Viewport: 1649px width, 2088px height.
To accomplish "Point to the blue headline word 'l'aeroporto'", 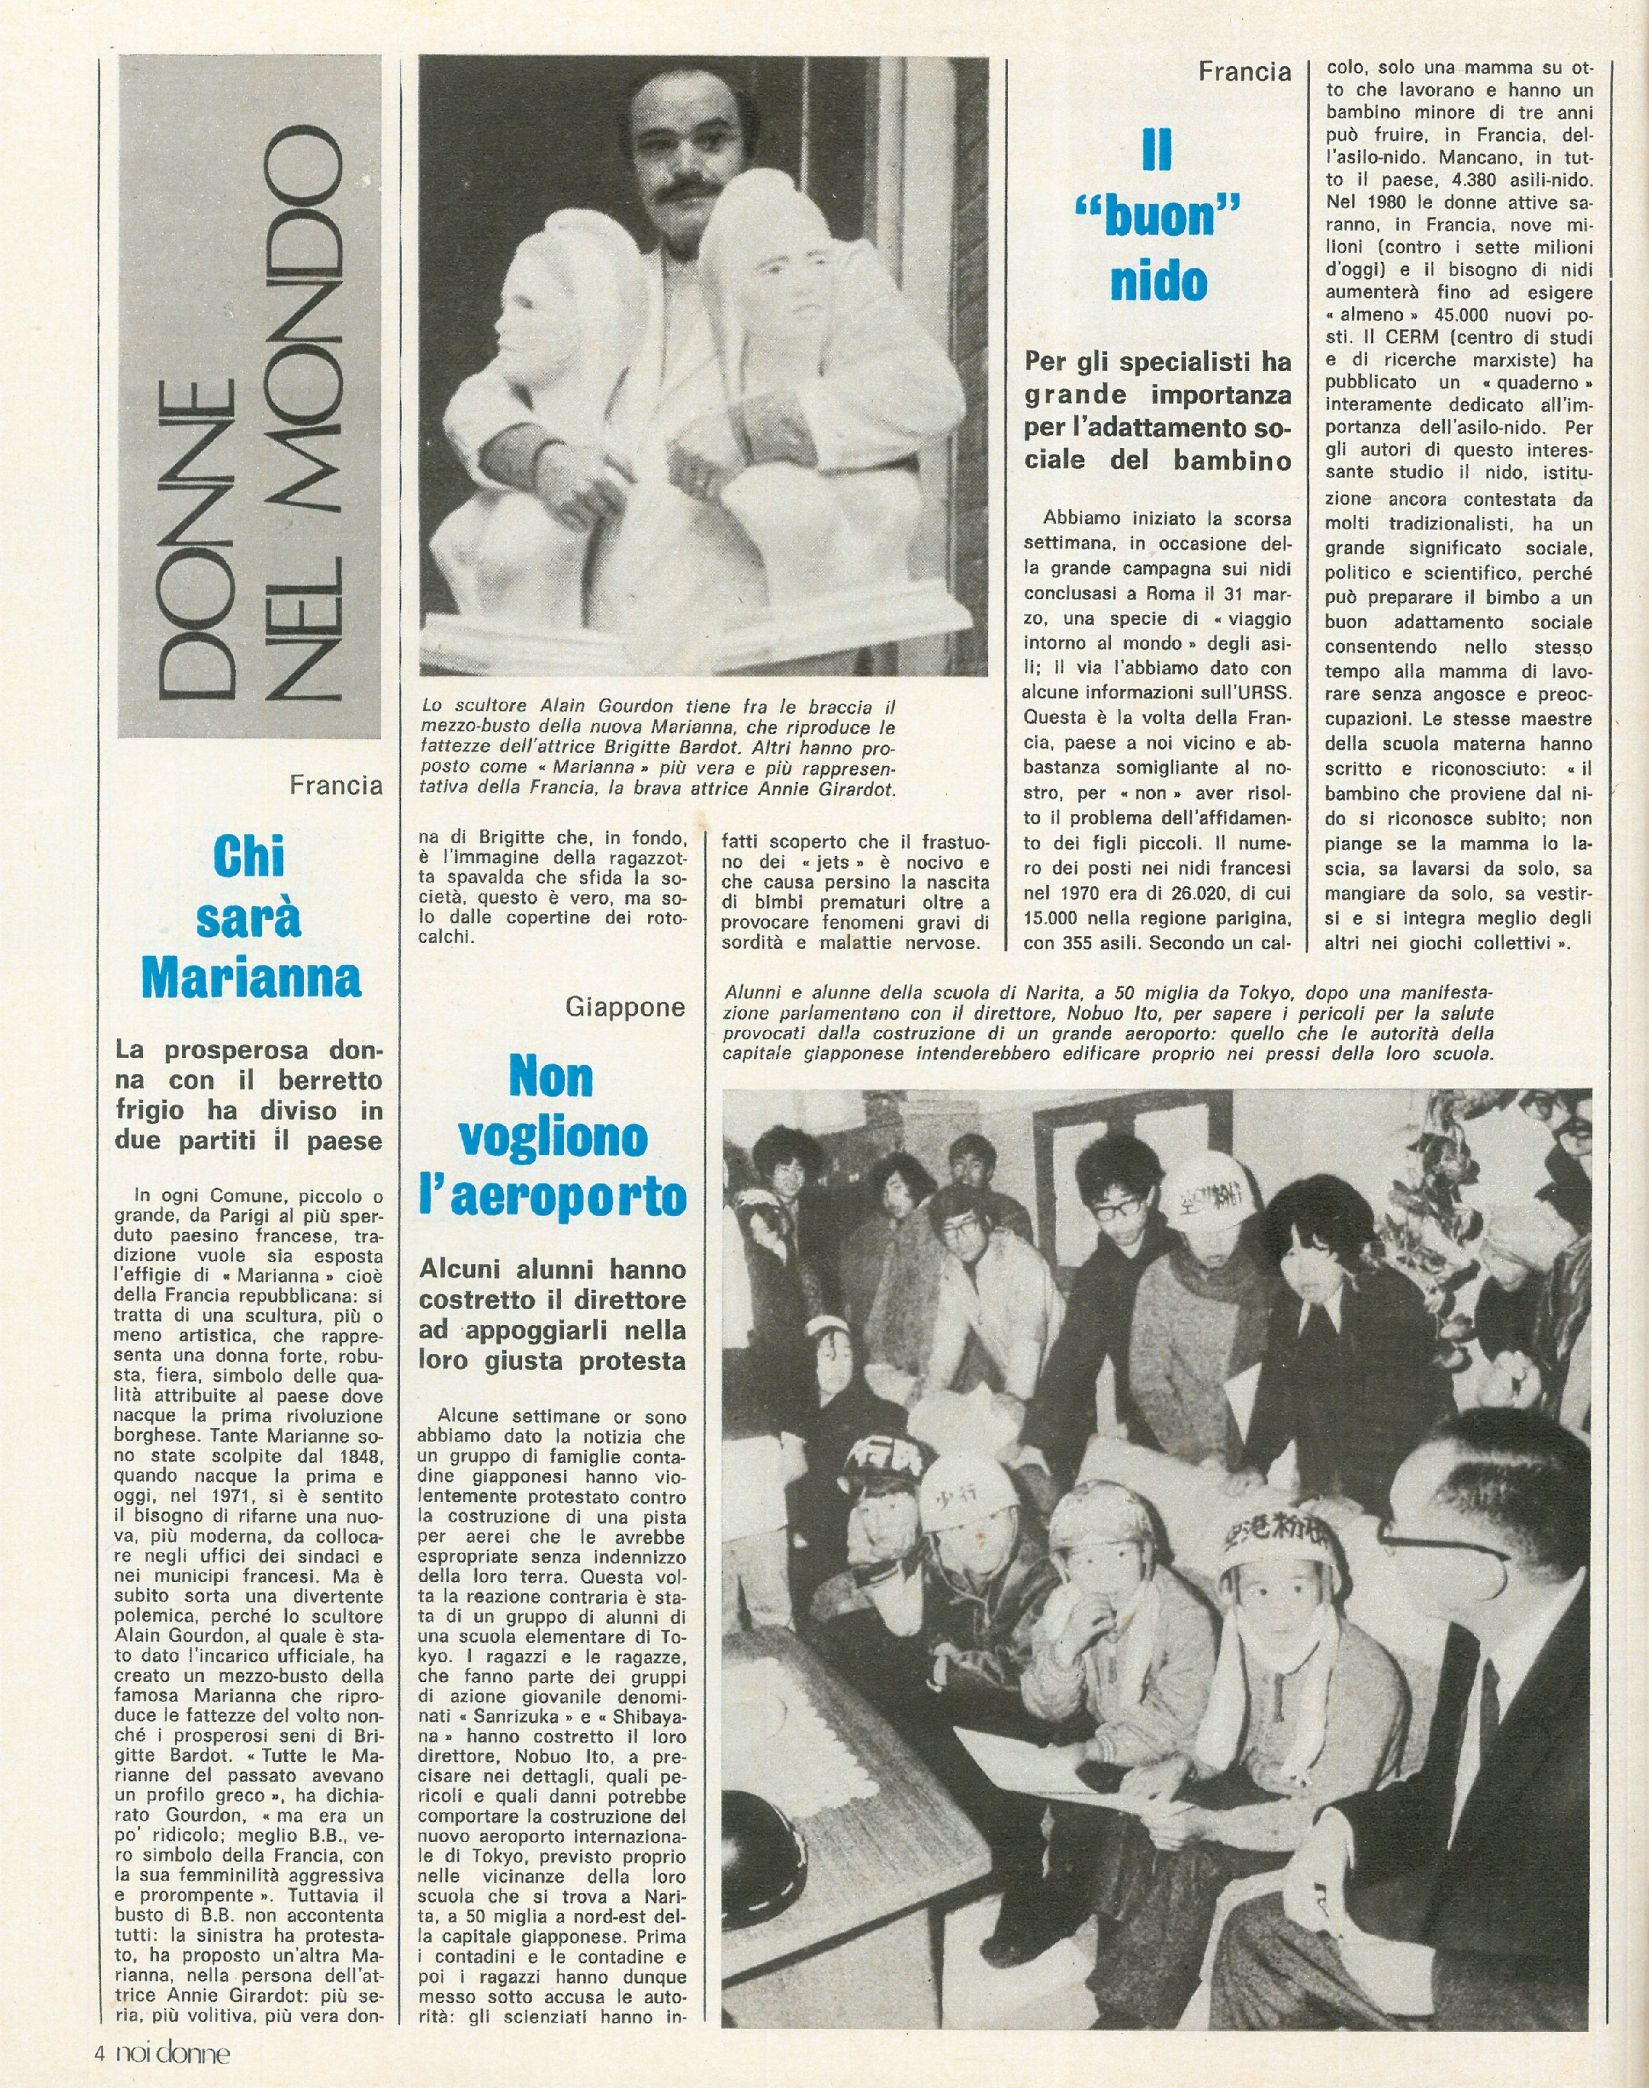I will coord(552,1197).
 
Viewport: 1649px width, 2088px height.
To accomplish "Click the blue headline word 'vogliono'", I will coord(552,1137).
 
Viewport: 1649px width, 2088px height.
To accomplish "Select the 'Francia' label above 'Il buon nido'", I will coord(1244,71).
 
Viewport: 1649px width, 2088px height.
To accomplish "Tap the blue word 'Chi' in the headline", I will coord(250,857).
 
